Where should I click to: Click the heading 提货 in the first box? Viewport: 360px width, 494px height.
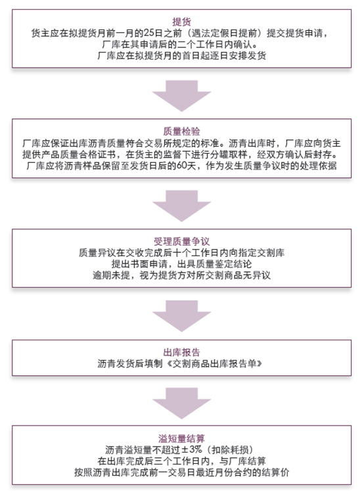pos(181,22)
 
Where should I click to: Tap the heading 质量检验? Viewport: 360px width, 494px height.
pos(181,131)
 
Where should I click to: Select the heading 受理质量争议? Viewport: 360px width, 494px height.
pos(181,241)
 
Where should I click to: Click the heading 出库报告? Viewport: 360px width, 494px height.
pos(181,352)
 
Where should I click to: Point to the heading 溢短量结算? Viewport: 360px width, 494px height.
pos(181,438)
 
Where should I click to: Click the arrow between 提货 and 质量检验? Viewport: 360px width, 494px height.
pos(181,96)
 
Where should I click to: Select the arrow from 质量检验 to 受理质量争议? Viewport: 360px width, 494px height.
pos(181,206)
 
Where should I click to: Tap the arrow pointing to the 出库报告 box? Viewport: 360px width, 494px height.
pos(181,316)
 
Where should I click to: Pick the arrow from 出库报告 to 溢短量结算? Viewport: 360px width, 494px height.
pos(181,403)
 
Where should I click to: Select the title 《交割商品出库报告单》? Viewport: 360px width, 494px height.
pos(214,363)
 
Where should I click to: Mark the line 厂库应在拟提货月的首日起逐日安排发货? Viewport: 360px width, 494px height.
pos(182,55)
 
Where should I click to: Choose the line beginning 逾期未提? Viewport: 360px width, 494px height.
pos(181,275)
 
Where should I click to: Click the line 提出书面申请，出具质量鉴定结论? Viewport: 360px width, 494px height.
pos(182,263)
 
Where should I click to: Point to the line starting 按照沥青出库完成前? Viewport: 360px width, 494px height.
pos(181,472)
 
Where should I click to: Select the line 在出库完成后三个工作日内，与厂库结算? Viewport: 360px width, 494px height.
pos(182,461)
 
